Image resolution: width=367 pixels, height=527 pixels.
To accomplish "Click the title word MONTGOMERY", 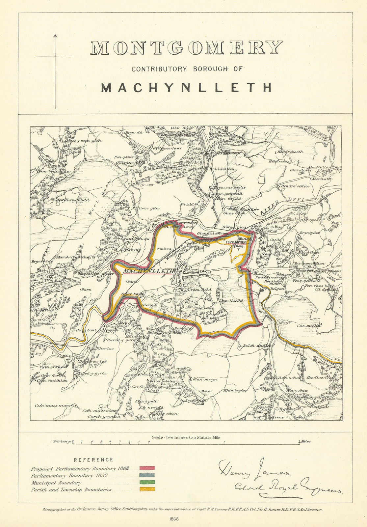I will (x=187, y=48).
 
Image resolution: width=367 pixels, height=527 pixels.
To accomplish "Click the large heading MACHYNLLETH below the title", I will (x=187, y=88).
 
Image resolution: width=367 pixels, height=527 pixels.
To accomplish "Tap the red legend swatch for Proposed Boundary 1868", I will (x=147, y=468).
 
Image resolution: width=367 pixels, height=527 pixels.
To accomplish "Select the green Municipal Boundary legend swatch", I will (x=147, y=483).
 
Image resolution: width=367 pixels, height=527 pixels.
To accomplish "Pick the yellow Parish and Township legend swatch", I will (x=147, y=489).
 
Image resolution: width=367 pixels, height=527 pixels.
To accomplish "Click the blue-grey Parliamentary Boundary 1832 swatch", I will (x=147, y=475).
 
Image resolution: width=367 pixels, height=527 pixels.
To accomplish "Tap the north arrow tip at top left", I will (x=55, y=35).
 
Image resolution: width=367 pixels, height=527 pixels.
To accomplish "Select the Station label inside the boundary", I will (x=164, y=249).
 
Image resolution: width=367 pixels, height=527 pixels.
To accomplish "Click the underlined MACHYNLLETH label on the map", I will (x=148, y=271).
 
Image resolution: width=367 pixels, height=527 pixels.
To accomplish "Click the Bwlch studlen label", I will (x=258, y=346).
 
